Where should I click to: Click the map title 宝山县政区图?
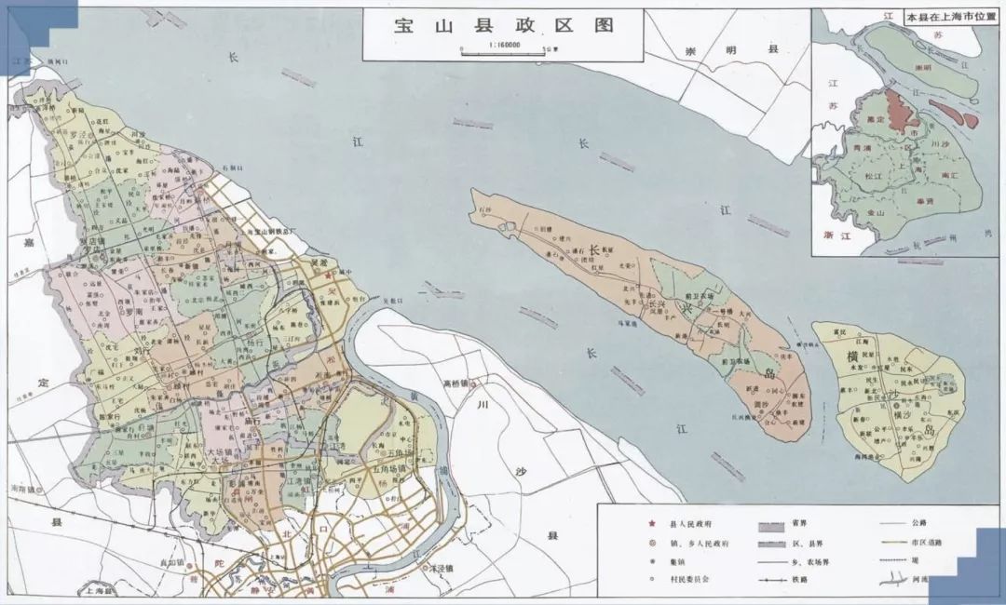coord(503,25)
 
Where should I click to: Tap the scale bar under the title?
coord(503,48)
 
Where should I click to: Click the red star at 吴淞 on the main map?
coord(329,276)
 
